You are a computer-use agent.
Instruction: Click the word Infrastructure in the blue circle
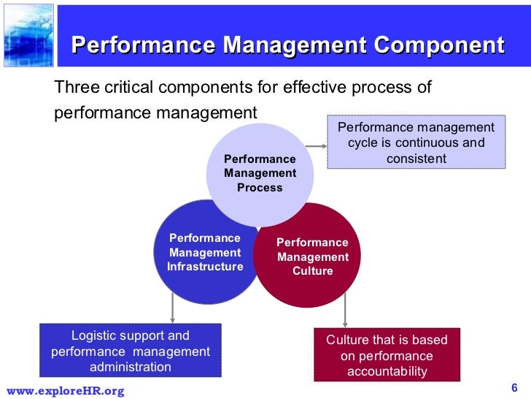click(205, 267)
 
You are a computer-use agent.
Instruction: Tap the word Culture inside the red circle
click(312, 271)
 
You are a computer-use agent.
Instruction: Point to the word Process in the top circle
click(260, 188)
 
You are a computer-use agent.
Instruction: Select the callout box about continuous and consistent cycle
click(415, 142)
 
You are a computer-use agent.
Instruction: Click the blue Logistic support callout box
click(130, 350)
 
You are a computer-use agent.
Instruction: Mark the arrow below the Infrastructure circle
click(172, 308)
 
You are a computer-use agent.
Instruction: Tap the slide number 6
click(514, 387)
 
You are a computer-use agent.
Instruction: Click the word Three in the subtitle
click(76, 88)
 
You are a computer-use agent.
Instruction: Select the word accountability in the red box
click(387, 372)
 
